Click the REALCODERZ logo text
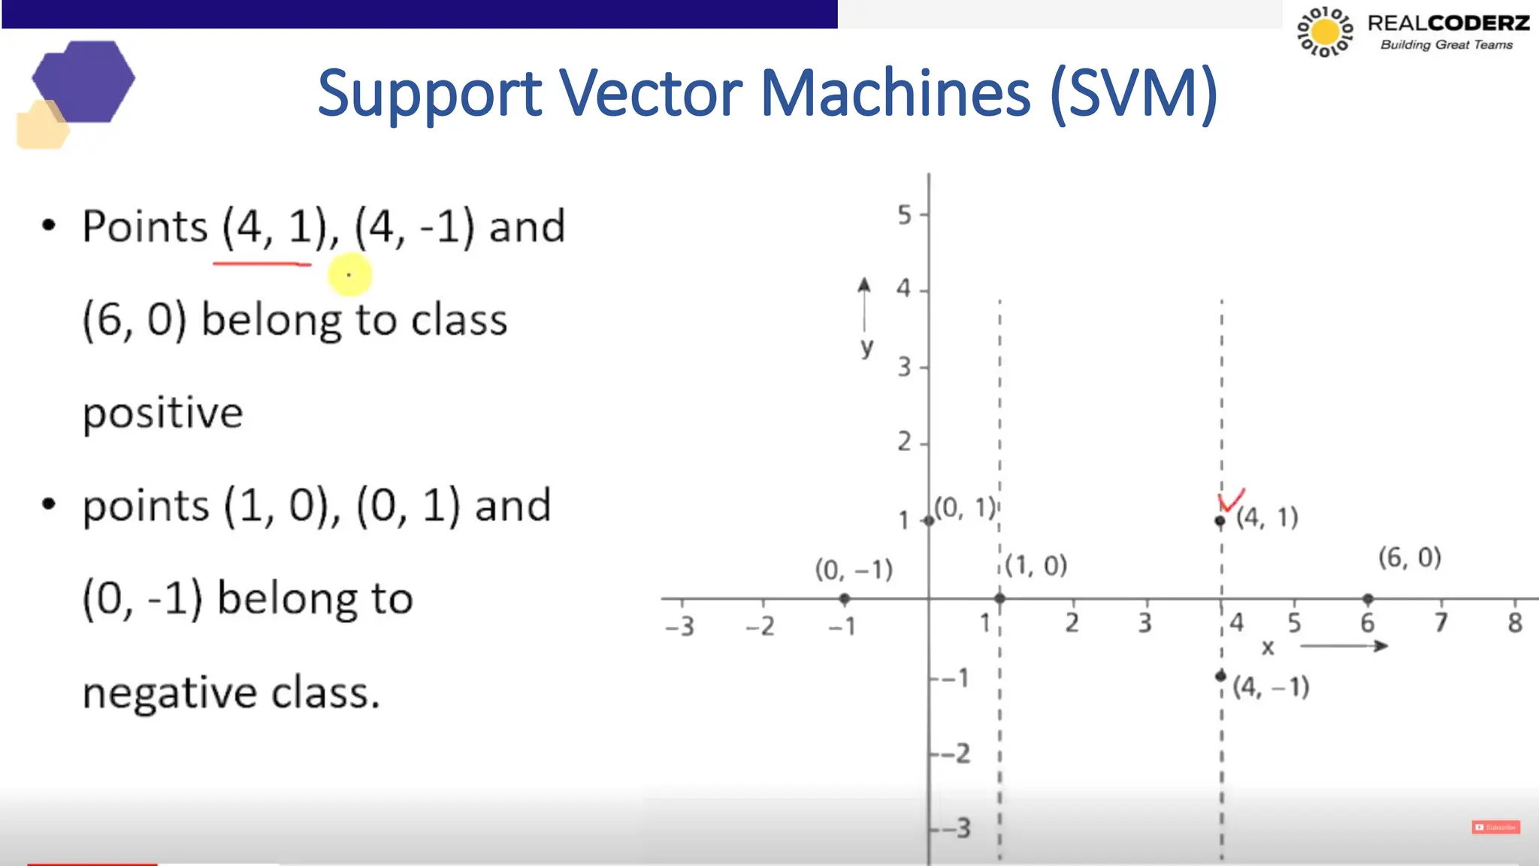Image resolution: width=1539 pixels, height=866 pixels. [1448, 23]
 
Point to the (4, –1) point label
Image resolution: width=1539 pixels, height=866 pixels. [1271, 687]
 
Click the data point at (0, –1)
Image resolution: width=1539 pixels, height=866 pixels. [845, 599]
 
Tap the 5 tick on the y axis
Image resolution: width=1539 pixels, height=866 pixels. [905, 215]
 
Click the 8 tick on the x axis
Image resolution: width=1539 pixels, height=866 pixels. [1514, 623]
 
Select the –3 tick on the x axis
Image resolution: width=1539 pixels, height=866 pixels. [680, 625]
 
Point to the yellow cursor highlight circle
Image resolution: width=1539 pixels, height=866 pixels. [349, 274]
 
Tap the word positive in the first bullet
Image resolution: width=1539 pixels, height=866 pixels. [162, 413]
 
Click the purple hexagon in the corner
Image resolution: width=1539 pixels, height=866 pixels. [84, 81]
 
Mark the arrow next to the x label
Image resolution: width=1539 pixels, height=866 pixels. [1344, 646]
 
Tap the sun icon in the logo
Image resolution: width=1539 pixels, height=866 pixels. [1325, 32]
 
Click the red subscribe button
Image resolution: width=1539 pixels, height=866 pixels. [1495, 827]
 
